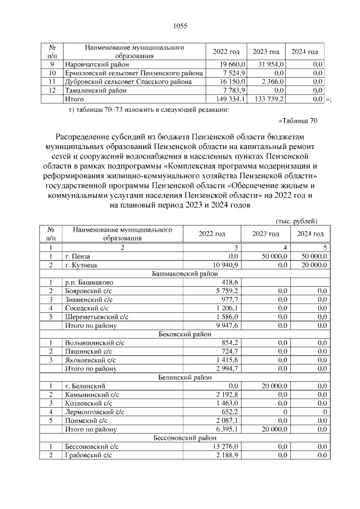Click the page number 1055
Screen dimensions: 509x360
[179, 26]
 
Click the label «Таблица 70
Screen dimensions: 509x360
[298, 120]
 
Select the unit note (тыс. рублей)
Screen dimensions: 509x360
[296, 220]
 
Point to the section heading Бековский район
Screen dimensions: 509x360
[179, 334]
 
